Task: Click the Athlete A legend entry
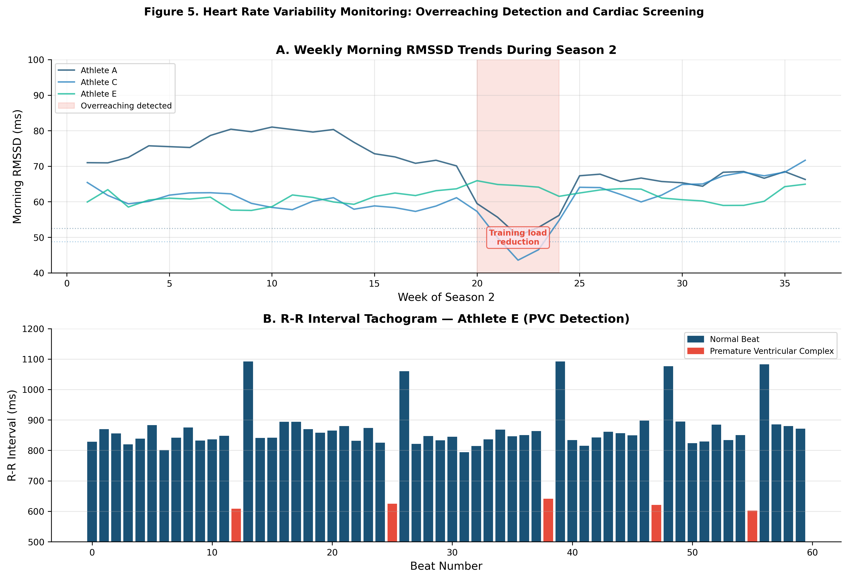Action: point(99,70)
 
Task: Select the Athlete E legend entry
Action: point(99,94)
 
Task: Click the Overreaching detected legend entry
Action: point(126,106)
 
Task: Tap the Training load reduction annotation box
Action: point(517,237)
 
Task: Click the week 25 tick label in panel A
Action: point(580,284)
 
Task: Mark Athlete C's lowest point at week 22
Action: point(518,260)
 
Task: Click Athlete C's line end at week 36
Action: point(805,160)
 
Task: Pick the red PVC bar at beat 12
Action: point(236,525)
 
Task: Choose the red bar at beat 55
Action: point(752,526)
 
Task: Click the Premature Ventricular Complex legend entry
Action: point(771,351)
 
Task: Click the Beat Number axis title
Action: point(446,566)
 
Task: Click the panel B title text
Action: point(446,319)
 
